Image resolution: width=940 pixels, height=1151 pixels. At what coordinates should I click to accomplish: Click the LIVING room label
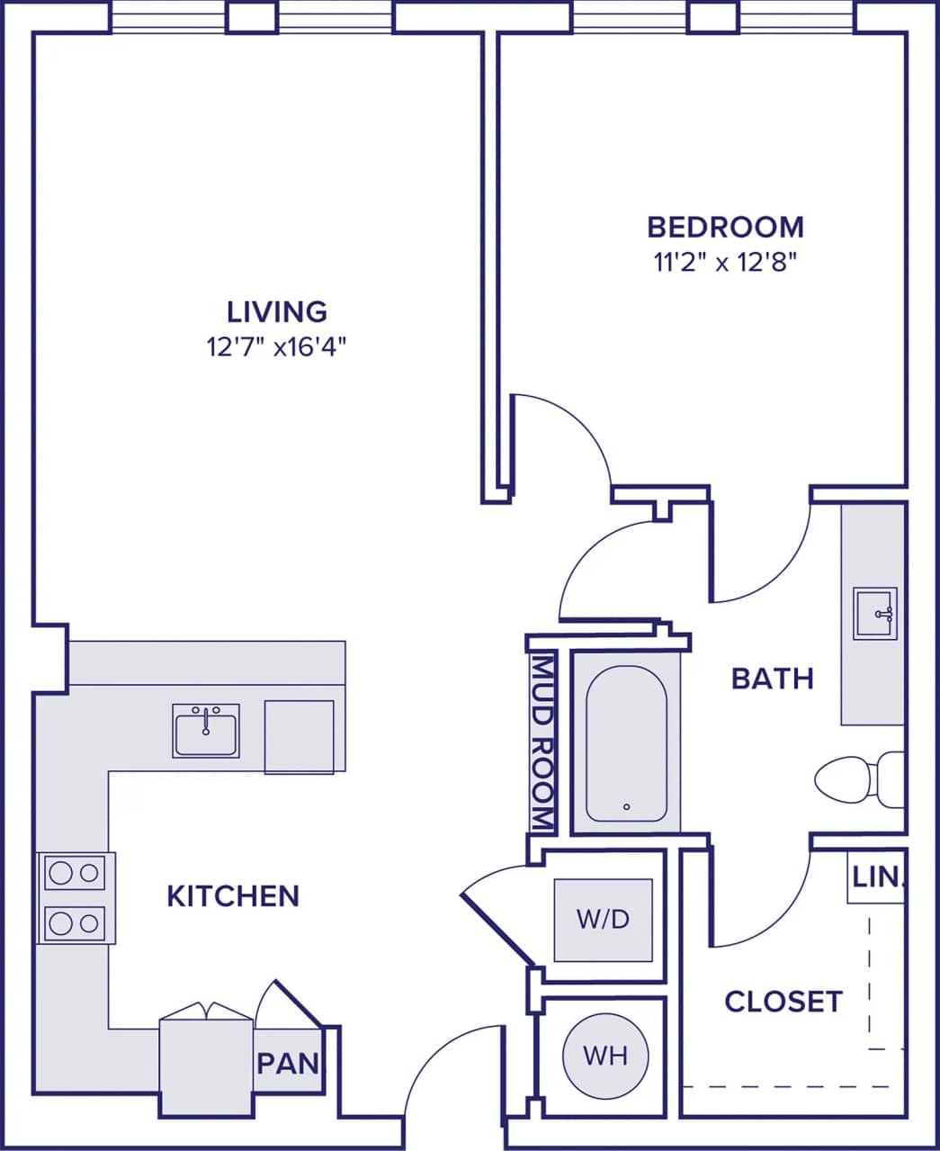click(276, 311)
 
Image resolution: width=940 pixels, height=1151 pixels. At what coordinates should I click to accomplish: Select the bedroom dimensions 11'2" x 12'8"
click(725, 263)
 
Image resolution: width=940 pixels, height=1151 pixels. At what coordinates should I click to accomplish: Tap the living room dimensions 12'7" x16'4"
click(276, 347)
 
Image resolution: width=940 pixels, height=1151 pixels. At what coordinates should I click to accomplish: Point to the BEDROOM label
click(725, 226)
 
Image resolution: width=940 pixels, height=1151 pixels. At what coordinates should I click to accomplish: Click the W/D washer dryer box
click(603, 919)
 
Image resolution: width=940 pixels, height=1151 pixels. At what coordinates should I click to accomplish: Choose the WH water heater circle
click(605, 1055)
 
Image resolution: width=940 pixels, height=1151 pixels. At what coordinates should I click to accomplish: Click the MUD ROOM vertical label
click(542, 742)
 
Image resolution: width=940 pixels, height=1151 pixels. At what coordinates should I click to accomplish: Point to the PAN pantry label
click(288, 1063)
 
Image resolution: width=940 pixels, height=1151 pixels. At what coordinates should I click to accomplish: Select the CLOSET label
click(783, 1001)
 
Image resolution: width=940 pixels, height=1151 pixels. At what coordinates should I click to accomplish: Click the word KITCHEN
click(233, 895)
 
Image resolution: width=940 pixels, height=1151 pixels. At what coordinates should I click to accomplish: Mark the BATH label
click(772, 678)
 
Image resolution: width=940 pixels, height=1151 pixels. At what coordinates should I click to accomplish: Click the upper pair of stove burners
click(75, 872)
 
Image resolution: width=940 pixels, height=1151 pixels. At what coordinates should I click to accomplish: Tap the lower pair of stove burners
click(75, 922)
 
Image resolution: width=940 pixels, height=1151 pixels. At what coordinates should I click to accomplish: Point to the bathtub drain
click(626, 806)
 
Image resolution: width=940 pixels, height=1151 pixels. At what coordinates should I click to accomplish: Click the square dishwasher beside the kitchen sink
click(299, 736)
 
